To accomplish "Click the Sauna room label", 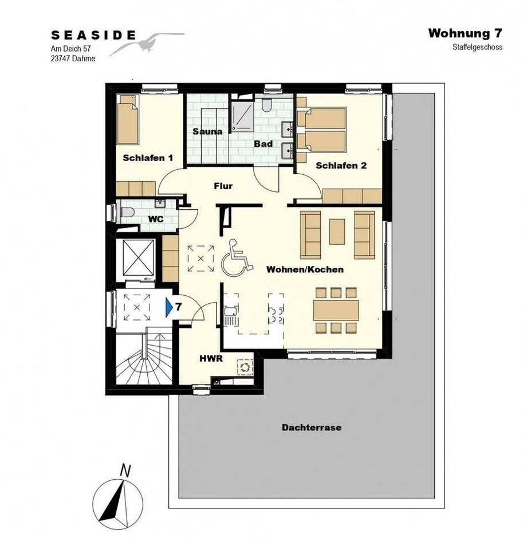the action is point(207,131).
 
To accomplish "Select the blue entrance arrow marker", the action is point(169,307).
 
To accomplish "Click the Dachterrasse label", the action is point(312,428).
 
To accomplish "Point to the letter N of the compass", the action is point(125,471).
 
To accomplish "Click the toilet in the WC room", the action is point(127,212).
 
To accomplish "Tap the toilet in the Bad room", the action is point(266,105).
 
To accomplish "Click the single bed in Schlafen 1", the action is point(128,119).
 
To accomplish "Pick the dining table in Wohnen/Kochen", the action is point(336,310).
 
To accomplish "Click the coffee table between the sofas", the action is point(337,232).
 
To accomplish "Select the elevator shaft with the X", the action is point(137,257).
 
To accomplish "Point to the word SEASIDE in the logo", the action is point(93,35).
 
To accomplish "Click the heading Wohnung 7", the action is point(465,33).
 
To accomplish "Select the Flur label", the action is point(223,186).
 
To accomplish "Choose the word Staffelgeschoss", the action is point(477,47).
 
